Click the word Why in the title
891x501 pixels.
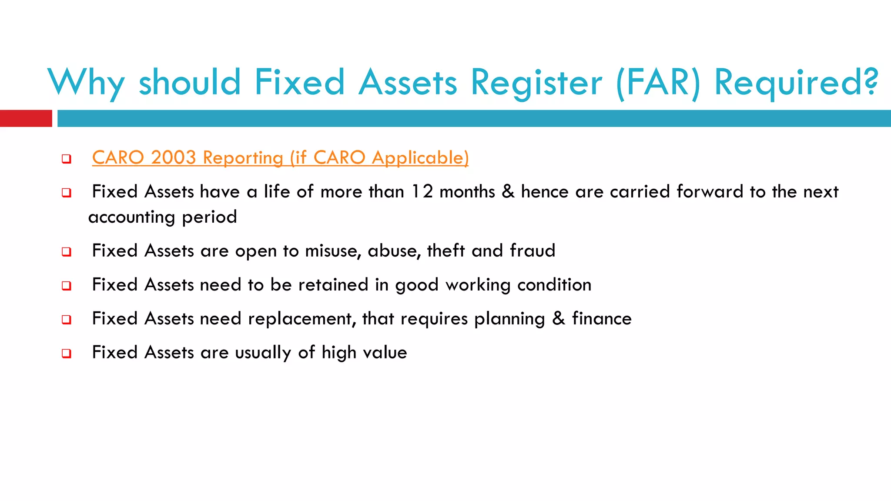click(x=86, y=83)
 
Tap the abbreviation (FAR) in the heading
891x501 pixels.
click(x=658, y=83)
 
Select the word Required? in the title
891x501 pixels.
click(x=796, y=83)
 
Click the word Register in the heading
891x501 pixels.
click(x=536, y=83)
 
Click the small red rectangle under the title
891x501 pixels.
click(x=26, y=118)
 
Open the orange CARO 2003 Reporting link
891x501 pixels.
click(x=280, y=157)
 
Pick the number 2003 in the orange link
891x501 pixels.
click(x=174, y=157)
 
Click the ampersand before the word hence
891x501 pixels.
click(x=508, y=192)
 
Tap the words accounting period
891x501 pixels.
click(x=163, y=217)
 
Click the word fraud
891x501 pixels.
click(x=533, y=251)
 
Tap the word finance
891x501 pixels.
click(x=602, y=319)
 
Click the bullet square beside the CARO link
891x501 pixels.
click(x=67, y=159)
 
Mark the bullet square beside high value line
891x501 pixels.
click(x=67, y=354)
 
